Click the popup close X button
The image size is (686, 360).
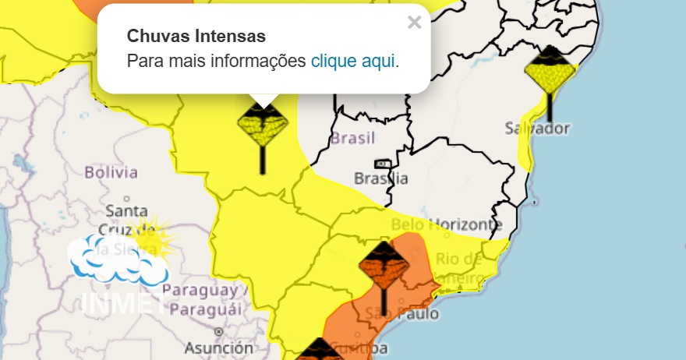414,23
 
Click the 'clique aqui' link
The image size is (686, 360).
353,61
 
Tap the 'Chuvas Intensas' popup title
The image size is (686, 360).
196,36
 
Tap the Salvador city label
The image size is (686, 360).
537,128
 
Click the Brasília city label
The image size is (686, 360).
380,178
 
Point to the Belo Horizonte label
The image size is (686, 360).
445,224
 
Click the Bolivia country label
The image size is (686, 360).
111,172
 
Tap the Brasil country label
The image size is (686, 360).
352,139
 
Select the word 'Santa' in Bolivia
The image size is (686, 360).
126,211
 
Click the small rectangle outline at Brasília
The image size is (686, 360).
383,164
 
